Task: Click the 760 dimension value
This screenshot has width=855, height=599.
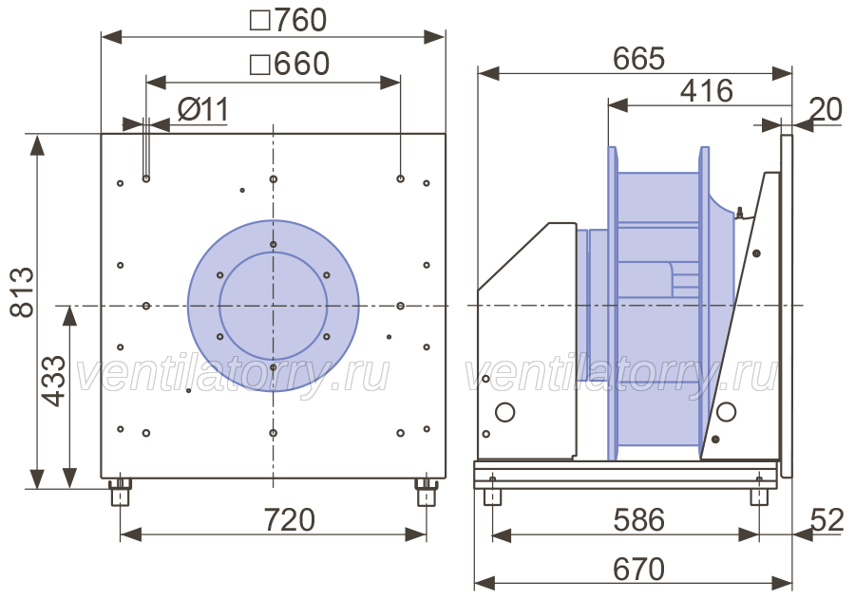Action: [300, 20]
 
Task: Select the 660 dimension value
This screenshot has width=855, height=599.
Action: [301, 64]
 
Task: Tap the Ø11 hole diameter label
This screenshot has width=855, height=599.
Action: [203, 110]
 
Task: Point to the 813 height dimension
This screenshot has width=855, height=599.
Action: [23, 292]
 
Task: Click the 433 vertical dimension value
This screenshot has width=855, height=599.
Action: [54, 381]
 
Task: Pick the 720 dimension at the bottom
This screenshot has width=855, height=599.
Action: [290, 519]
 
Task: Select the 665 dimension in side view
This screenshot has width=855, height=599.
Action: [638, 58]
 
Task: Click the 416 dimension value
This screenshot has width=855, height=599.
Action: [707, 91]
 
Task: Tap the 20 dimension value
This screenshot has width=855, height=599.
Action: [826, 109]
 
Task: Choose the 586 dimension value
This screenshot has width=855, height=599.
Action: [639, 520]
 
